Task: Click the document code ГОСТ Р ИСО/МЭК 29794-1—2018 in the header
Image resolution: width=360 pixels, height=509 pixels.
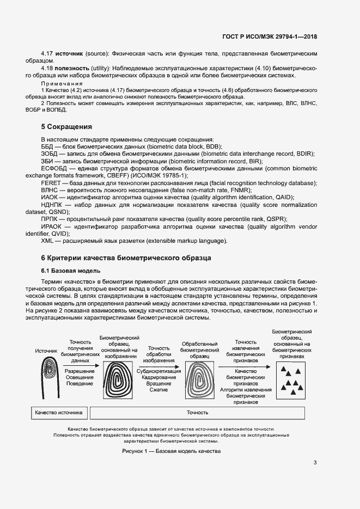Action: [270, 37]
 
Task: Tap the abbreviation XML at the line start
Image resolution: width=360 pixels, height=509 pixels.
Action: [47, 241]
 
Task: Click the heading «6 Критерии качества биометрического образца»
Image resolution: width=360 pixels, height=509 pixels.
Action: [126, 257]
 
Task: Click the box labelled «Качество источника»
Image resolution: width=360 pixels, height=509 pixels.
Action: [58, 412]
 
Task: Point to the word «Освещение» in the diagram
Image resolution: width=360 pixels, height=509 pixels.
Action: [80, 377]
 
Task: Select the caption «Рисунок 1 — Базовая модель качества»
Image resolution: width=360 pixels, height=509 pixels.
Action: [171, 452]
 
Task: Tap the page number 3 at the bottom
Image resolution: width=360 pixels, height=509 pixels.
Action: [315, 463]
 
